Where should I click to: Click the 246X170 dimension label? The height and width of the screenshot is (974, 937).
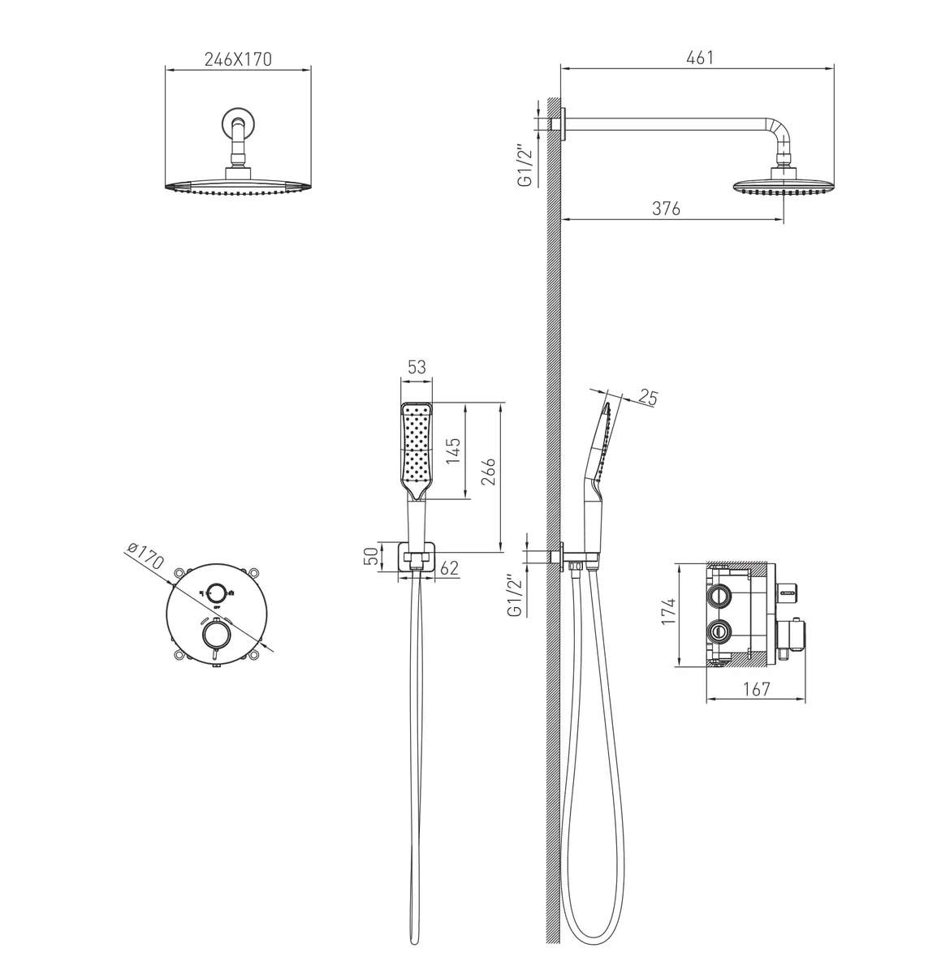click(238, 59)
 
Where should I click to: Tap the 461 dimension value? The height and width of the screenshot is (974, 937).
click(700, 58)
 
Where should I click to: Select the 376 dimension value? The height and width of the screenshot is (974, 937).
click(666, 209)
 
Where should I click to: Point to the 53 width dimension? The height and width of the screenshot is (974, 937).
click(417, 367)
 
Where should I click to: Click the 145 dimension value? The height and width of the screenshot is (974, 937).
click(453, 450)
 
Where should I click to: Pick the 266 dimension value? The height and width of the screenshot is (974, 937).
click(488, 472)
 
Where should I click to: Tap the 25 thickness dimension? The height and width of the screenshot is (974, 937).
click(647, 398)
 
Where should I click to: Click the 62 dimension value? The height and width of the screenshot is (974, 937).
click(449, 568)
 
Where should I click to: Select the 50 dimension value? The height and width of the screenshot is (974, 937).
click(370, 556)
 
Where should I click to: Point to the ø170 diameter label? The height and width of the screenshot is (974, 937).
click(145, 556)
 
